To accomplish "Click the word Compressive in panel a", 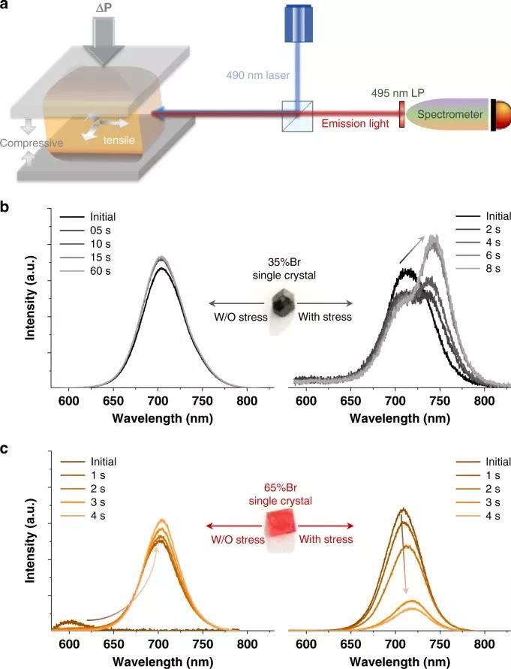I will coord(31,142).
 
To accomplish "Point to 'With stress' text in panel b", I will coord(323,317).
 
